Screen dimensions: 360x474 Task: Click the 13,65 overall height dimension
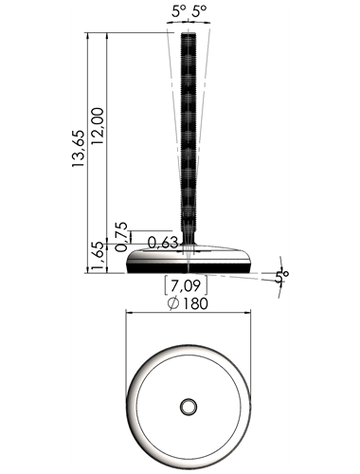click(x=79, y=148)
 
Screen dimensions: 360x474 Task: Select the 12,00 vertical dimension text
click(x=98, y=126)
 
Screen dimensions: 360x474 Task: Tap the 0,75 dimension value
click(x=122, y=237)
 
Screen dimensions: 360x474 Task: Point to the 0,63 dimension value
click(x=163, y=244)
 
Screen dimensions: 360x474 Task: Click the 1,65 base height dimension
click(x=98, y=257)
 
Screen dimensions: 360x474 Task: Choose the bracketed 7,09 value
click(x=186, y=285)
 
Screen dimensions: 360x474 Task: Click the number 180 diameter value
click(x=195, y=303)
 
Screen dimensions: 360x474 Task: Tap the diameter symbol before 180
click(x=173, y=303)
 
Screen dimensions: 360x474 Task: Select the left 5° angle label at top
click(x=179, y=11)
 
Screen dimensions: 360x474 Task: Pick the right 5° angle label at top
click(x=200, y=11)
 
